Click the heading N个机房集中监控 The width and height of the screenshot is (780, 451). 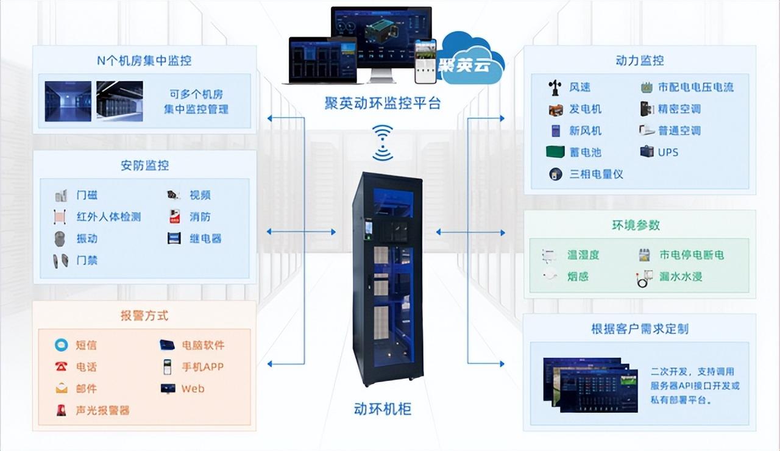click(144, 60)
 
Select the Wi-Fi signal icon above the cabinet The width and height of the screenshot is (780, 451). click(383, 143)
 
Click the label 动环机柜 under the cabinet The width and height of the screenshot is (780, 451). click(383, 408)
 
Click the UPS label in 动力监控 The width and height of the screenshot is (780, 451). click(668, 152)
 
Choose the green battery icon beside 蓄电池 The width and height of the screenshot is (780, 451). click(555, 152)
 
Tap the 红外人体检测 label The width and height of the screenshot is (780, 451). click(109, 217)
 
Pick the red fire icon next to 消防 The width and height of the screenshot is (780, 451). click(174, 216)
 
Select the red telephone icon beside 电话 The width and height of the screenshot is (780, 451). click(62, 367)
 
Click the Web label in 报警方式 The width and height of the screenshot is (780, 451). click(193, 389)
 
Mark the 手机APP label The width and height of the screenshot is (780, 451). click(202, 367)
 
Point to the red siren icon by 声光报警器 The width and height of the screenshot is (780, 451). click(62, 410)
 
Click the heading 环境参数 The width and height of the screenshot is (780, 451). click(636, 225)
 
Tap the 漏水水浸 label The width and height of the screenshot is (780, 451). click(681, 277)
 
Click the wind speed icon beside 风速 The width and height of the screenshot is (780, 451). click(555, 88)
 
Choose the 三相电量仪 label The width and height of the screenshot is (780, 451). click(596, 174)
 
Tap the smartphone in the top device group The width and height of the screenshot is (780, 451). click(425, 62)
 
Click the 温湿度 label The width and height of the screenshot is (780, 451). click(583, 255)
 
